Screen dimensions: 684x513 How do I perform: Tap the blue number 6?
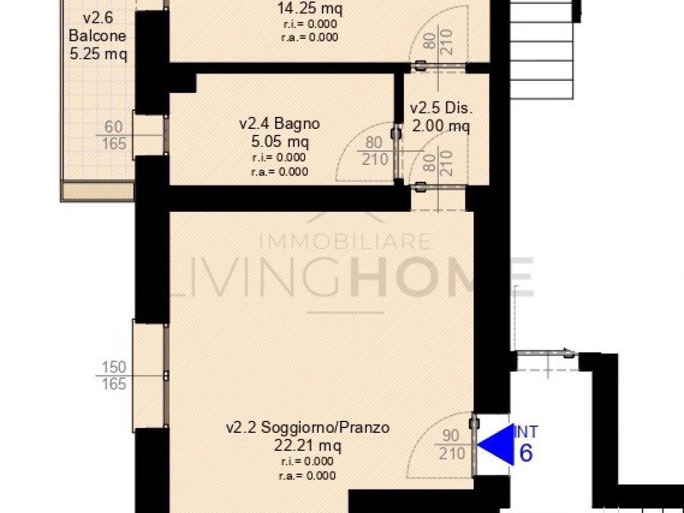[x=526, y=454]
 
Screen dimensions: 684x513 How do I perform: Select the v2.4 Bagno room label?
[x=280, y=124]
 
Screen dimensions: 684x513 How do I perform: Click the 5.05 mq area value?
[x=280, y=142]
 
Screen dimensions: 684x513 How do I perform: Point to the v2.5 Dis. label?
[x=441, y=108]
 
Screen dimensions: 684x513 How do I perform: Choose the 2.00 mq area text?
[x=441, y=126]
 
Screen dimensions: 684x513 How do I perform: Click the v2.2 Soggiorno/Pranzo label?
[x=307, y=427]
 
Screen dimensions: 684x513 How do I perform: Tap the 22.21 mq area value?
[x=307, y=446]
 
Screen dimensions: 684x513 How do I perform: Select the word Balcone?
[x=98, y=35]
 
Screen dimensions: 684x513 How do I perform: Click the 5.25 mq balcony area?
[x=99, y=54]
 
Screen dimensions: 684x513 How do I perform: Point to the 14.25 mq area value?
[x=310, y=8]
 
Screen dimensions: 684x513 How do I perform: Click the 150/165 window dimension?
[x=114, y=375]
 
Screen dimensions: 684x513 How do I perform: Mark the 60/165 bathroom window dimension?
[x=114, y=135]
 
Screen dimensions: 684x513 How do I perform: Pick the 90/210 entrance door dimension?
[x=451, y=444]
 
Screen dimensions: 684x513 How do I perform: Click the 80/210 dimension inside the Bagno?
[x=375, y=150]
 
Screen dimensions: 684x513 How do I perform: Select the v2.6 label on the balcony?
[x=98, y=17]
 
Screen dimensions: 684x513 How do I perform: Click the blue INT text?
[x=526, y=432]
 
